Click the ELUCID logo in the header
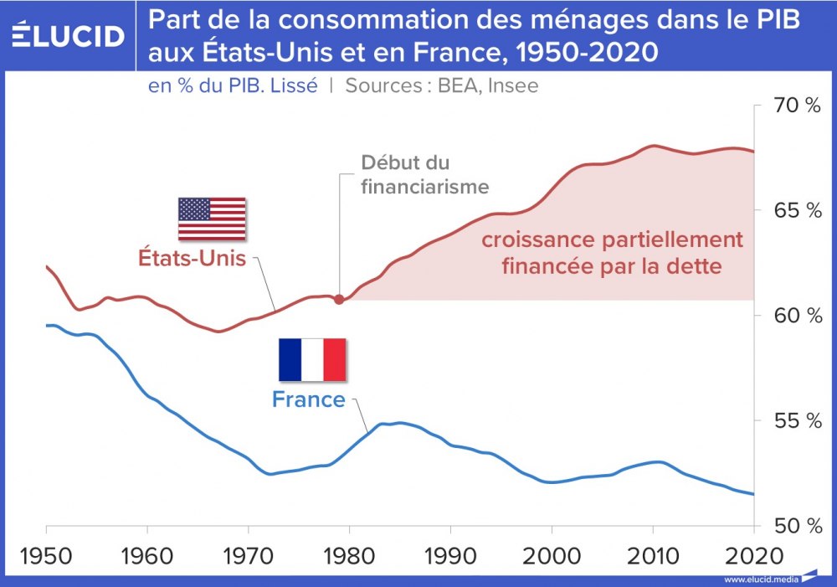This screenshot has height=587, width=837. point(68,36)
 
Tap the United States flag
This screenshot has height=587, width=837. point(212,219)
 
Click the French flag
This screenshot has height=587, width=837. point(312,358)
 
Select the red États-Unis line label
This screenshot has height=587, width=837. point(192,258)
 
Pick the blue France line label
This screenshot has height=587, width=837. point(309,399)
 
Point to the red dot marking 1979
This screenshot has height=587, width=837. point(339,299)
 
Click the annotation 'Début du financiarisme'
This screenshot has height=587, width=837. point(424,174)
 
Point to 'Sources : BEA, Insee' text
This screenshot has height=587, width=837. point(442,85)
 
